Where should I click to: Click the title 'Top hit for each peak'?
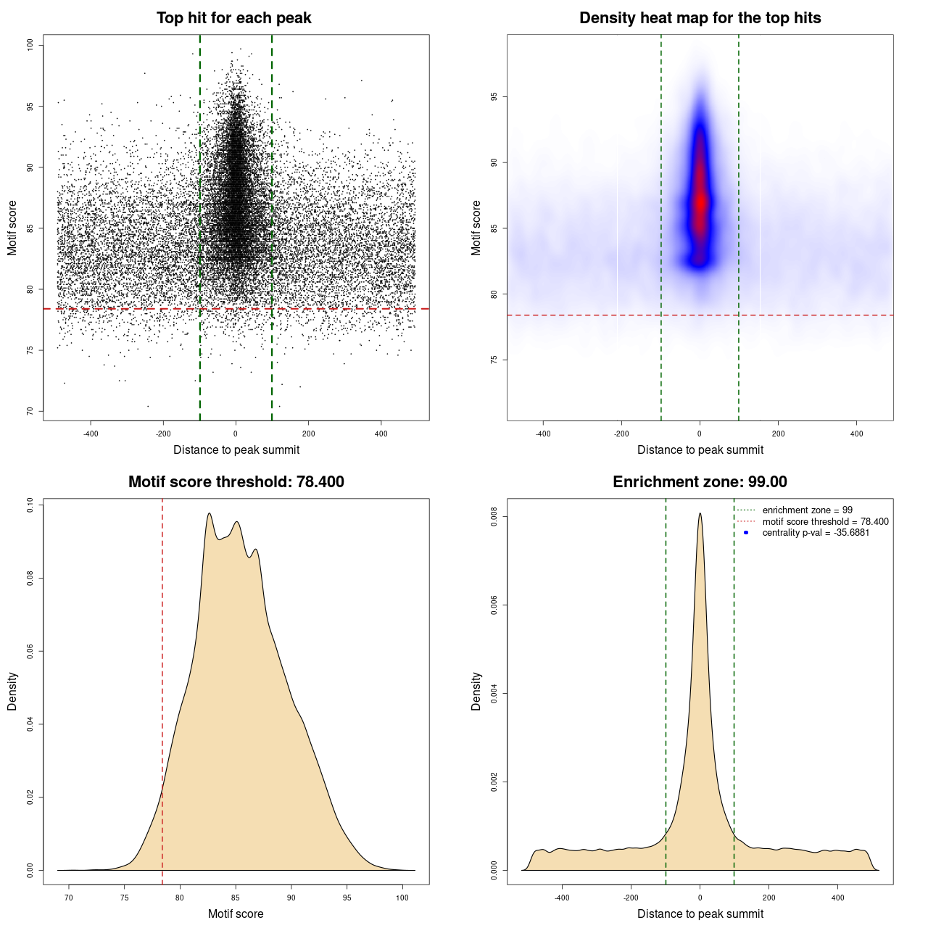(233, 18)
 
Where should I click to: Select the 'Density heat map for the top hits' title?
(700, 18)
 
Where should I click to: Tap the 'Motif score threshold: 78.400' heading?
(236, 482)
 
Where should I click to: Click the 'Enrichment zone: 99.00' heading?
(700, 482)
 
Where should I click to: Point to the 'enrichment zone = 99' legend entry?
(807, 510)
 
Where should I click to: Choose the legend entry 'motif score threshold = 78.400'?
(825, 522)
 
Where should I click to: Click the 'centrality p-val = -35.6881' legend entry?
(816, 533)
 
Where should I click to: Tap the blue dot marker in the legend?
(746, 533)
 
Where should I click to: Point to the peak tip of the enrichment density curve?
(700, 514)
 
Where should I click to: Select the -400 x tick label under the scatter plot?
(91, 434)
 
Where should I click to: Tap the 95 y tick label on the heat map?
(494, 97)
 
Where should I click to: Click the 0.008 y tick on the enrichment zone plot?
(494, 517)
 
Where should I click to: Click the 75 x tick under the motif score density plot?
(125, 898)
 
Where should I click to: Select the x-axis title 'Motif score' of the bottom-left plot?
(236, 913)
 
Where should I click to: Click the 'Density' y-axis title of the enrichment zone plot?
(476, 691)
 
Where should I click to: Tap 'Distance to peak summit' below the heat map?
(700, 449)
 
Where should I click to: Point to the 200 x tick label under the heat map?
(778, 434)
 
